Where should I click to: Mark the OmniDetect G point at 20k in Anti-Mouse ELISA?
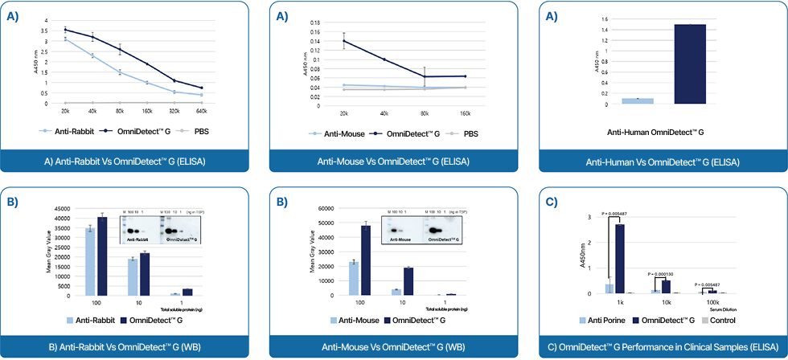pyautogui.click(x=344, y=41)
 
